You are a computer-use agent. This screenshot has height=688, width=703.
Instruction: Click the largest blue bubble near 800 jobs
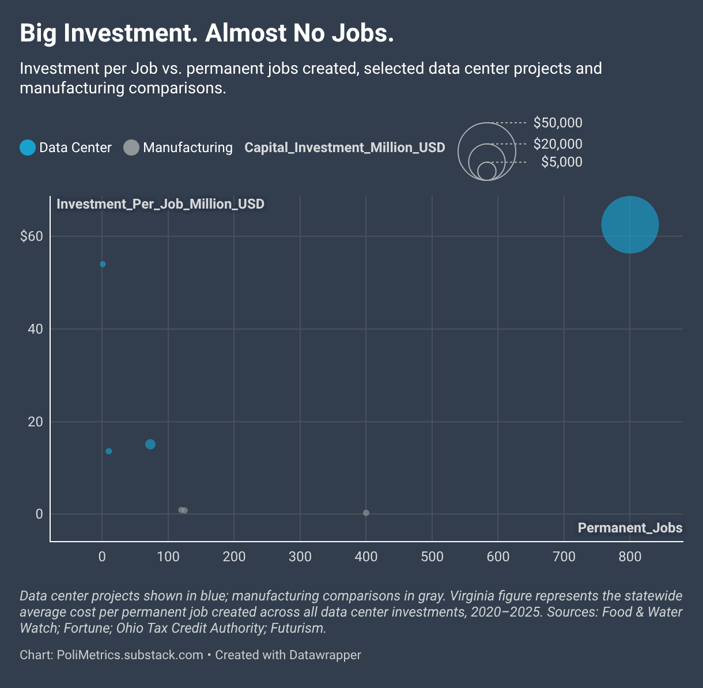(630, 225)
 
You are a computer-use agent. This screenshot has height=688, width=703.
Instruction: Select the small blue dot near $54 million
(103, 264)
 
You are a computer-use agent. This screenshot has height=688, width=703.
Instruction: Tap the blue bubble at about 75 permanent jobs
(150, 444)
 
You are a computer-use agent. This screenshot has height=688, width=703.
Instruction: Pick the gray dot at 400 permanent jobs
(366, 513)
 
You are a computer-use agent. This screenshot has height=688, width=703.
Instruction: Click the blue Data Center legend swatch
(28, 148)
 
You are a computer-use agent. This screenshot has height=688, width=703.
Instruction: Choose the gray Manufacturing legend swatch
(131, 148)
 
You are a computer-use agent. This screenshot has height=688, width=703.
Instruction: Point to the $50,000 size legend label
(558, 123)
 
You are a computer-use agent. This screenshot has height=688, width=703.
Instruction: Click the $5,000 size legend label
(562, 162)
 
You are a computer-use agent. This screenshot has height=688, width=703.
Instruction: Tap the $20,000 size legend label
(558, 144)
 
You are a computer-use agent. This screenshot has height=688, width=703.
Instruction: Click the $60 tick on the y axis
(32, 236)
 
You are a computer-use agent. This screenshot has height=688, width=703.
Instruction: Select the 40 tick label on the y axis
(35, 329)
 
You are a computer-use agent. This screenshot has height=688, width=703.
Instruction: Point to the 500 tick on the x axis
(432, 556)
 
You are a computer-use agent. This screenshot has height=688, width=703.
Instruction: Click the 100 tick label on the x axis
(168, 556)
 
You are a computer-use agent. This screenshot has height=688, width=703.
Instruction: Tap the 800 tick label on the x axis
(630, 556)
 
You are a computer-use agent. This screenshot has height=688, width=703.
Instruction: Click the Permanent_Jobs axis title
(630, 528)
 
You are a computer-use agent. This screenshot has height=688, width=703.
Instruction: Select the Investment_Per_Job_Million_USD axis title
(161, 203)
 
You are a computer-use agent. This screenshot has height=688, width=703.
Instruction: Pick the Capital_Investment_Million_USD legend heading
(345, 148)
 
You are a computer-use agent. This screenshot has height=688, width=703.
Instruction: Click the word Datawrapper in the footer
(325, 655)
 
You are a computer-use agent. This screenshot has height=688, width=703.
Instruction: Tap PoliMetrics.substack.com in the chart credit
(130, 655)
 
